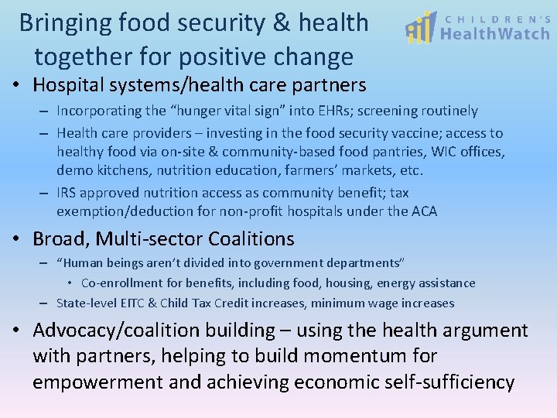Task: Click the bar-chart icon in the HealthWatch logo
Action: click(422, 29)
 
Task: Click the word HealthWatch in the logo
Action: click(495, 34)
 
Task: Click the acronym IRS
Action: click(68, 193)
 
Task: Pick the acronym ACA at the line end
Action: click(423, 211)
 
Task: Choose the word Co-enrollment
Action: click(121, 283)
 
